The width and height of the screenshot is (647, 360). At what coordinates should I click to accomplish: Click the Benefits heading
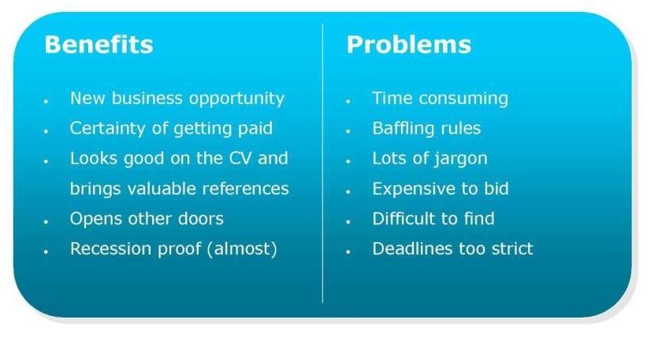click(99, 44)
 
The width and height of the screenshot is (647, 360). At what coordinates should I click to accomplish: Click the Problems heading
click(408, 44)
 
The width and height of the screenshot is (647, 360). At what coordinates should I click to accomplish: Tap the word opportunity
click(236, 99)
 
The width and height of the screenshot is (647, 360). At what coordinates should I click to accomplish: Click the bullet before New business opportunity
click(46, 101)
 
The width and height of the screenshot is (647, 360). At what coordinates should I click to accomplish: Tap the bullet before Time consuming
click(348, 101)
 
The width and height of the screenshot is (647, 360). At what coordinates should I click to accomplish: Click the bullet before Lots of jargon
click(348, 161)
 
